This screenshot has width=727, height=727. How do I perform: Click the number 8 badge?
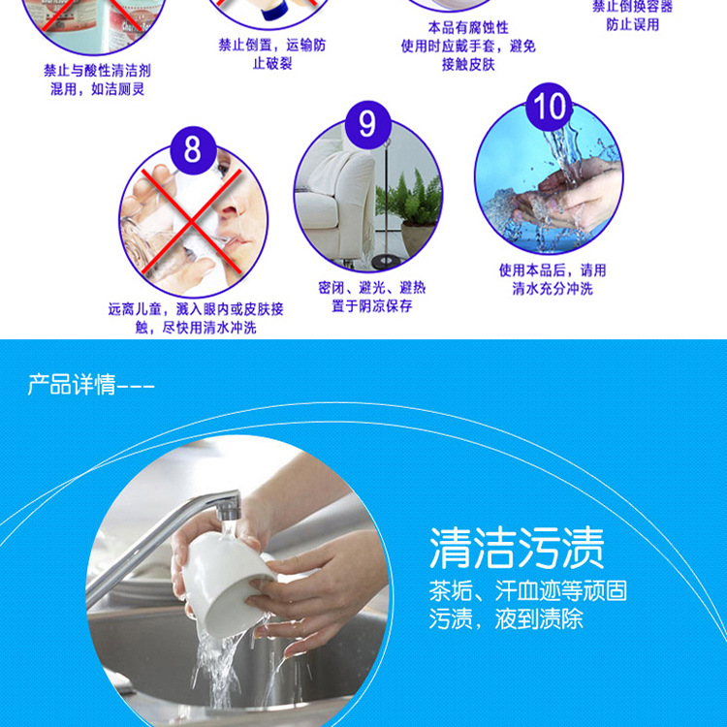point(191,150)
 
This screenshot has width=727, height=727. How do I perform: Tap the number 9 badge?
point(367,124)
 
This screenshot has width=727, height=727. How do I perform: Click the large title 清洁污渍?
point(517,548)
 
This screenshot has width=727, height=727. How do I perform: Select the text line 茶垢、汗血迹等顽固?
point(527,590)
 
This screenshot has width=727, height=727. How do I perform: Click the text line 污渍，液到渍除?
point(506,618)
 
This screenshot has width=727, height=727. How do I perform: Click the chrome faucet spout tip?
point(226,506)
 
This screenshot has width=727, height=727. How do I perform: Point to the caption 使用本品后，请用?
point(553,270)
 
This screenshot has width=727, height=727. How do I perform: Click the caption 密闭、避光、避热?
point(371,288)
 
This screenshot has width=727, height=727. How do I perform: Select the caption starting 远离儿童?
point(196,309)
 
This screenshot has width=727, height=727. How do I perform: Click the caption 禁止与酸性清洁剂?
point(96,71)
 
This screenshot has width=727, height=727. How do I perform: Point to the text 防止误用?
point(633,24)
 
